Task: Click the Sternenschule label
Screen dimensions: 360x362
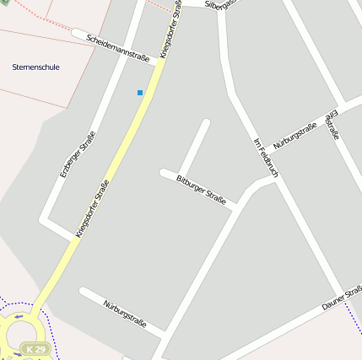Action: pos(35,67)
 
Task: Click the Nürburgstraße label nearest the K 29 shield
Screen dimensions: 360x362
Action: pos(125,314)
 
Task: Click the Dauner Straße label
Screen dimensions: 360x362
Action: pos(342,298)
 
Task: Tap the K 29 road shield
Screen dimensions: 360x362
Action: pos(34,348)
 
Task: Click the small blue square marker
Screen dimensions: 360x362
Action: pos(140,92)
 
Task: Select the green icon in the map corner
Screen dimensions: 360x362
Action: pos(3,3)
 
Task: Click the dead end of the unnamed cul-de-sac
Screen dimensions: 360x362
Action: pos(205,123)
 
